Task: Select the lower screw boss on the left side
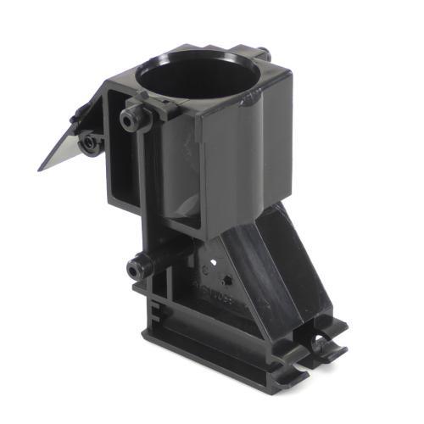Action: tap(135, 270)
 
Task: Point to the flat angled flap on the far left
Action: tap(59, 153)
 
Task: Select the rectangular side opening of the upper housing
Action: tap(120, 170)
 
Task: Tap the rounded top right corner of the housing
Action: tap(284, 76)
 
